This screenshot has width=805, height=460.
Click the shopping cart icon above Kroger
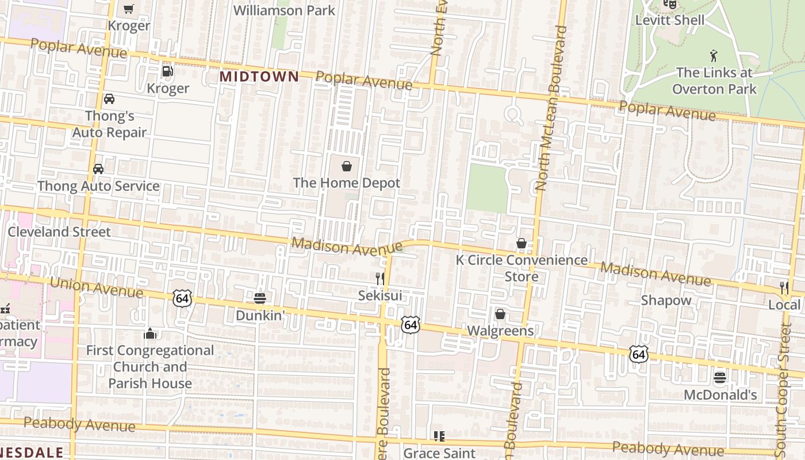[129, 9]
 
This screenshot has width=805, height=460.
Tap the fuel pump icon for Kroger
[167, 71]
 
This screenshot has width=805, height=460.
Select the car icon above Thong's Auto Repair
[109, 99]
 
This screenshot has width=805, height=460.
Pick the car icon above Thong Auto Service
[98, 169]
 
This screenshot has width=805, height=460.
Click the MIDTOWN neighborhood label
[259, 76]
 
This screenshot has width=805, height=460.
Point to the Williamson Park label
[284, 10]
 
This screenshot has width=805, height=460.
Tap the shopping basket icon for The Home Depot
[347, 167]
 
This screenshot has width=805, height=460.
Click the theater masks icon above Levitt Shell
[669, 5]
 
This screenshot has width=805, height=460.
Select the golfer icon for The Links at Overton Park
[714, 56]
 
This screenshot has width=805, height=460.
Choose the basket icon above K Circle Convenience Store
[522, 243]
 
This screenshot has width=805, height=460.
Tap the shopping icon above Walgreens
[500, 314]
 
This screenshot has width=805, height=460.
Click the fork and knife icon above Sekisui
[379, 279]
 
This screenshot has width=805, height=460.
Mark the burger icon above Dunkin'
[260, 298]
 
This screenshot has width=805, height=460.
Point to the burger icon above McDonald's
[720, 378]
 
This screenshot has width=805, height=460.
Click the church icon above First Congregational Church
[150, 333]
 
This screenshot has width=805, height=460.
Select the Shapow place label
[666, 300]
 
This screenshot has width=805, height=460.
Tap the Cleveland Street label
[59, 232]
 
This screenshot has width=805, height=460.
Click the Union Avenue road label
[96, 287]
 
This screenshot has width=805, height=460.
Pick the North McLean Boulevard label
[549, 109]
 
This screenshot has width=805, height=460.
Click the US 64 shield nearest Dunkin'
[182, 298]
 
